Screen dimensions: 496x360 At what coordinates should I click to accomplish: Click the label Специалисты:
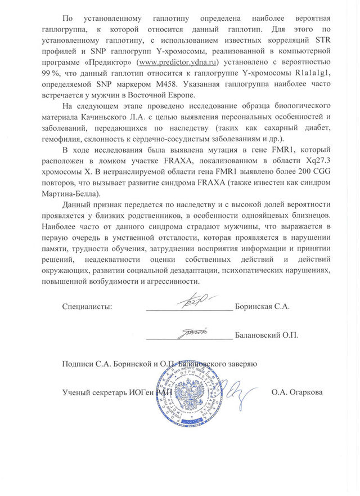pos(87,307)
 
